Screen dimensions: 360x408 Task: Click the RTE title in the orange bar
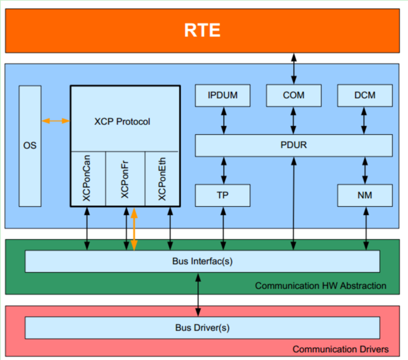[202, 31]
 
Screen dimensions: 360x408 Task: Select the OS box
[30, 145]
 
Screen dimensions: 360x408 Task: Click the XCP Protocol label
[122, 122]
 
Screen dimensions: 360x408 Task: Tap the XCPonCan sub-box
[87, 179]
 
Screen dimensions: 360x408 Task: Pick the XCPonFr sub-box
[125, 179]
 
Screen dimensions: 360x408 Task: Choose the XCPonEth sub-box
[162, 179]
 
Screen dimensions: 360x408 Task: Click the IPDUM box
[223, 95]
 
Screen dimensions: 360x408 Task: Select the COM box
[293, 95]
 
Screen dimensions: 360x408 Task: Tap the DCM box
[365, 95]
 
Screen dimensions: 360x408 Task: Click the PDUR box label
[293, 145]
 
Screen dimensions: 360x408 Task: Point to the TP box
[223, 195]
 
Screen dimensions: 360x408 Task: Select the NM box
[365, 195]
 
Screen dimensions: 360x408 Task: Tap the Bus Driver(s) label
[202, 327]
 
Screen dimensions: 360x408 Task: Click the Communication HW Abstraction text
[320, 286]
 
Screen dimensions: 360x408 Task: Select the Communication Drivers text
[340, 349]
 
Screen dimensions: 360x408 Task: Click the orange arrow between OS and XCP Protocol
[56, 121]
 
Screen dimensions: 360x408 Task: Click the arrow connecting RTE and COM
[293, 69]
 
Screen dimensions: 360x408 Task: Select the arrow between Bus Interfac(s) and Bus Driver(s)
[198, 294]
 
